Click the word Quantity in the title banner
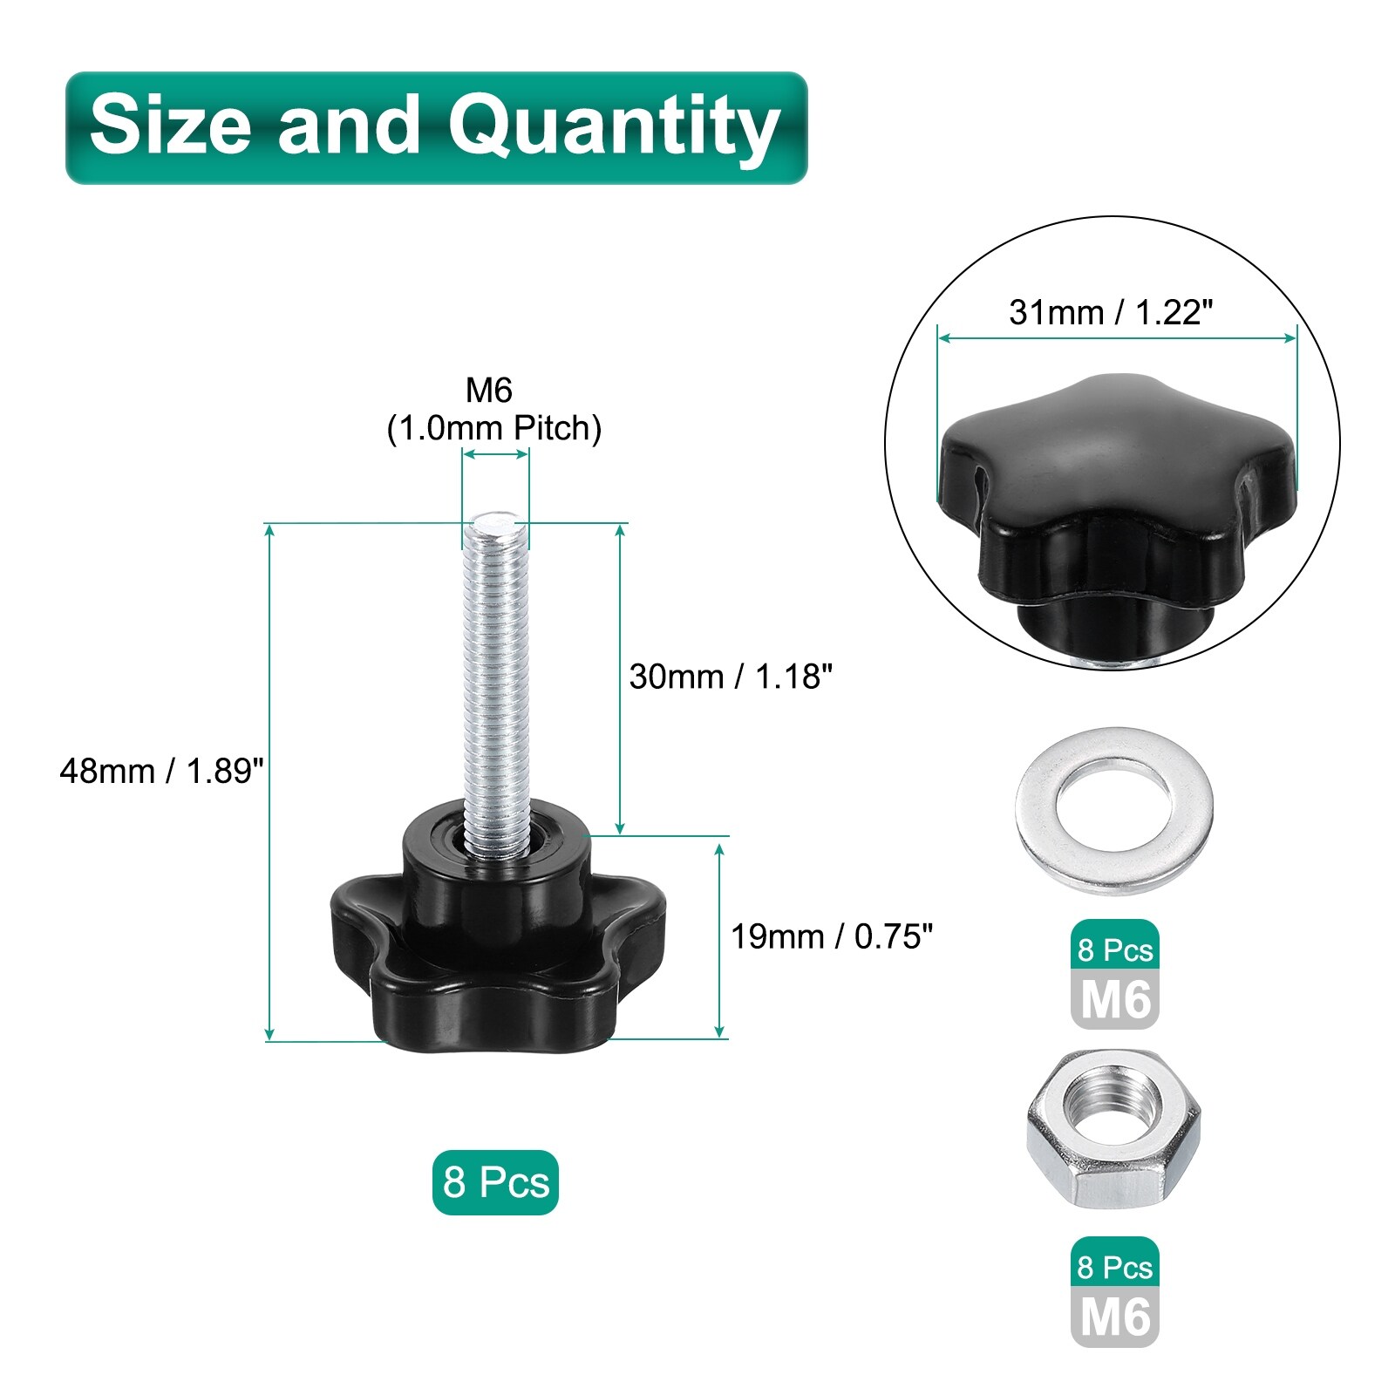[614, 127]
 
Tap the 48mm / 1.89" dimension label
[161, 772]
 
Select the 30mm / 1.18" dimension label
[731, 677]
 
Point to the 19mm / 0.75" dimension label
[832, 936]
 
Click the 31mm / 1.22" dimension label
[1111, 312]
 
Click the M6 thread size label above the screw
[489, 391]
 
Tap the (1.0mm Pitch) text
[494, 428]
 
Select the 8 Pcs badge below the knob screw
[495, 1183]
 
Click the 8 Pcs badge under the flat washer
[1115, 949]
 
